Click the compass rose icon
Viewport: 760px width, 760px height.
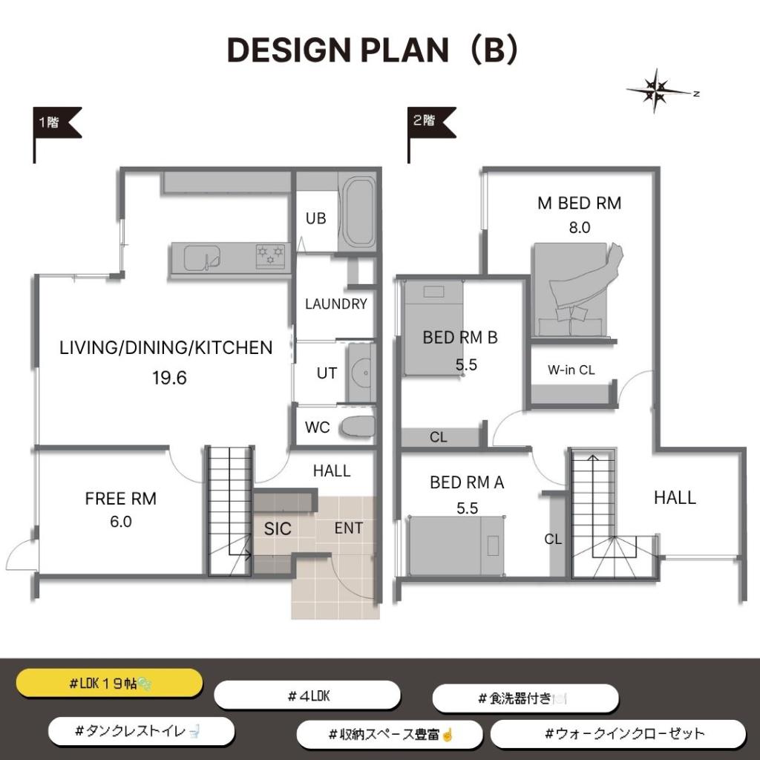click(657, 91)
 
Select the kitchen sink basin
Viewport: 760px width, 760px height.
click(202, 258)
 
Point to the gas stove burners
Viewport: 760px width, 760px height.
click(270, 256)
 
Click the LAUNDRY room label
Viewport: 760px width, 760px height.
click(336, 304)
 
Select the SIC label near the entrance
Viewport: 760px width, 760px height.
click(278, 528)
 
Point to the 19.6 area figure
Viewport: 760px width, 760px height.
click(169, 378)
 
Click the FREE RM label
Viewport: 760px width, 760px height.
click(121, 498)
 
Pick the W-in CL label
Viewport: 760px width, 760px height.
click(571, 370)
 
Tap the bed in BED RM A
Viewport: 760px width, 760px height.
click(456, 546)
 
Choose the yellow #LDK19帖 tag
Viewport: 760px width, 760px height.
click(110, 684)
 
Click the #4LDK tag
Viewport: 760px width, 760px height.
click(307, 696)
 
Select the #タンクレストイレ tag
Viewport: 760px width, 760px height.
click(141, 731)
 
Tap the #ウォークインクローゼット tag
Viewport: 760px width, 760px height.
click(618, 734)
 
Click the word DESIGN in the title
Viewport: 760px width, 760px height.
click(289, 50)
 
